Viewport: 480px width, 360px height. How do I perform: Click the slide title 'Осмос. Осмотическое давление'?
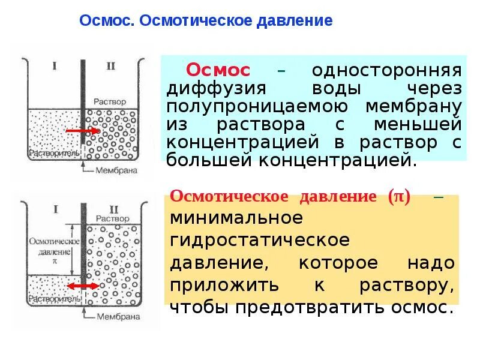pyautogui.click(x=206, y=21)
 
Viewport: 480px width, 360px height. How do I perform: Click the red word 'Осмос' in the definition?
pyautogui.click(x=218, y=70)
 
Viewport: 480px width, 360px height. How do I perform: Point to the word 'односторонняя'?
pyautogui.click(x=386, y=70)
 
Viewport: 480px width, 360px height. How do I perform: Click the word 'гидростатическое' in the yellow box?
pyautogui.click(x=259, y=239)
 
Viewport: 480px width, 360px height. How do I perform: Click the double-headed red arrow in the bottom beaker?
pyautogui.click(x=82, y=287)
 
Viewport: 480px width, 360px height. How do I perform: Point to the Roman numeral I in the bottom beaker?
pyautogui.click(x=55, y=209)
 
